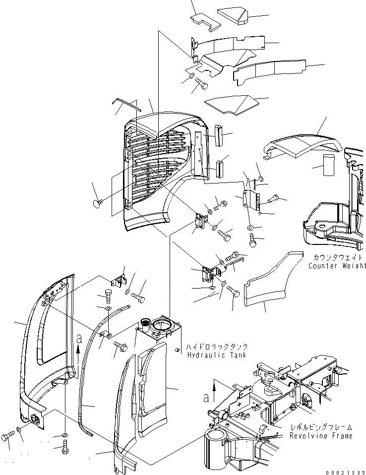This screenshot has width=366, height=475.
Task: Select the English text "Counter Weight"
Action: (336, 266)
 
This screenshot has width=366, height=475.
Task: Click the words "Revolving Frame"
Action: (322, 435)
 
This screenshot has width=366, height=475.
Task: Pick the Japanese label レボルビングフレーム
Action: (322, 427)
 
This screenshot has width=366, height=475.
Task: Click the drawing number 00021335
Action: (345, 471)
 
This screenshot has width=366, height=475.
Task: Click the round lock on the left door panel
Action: (36, 419)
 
